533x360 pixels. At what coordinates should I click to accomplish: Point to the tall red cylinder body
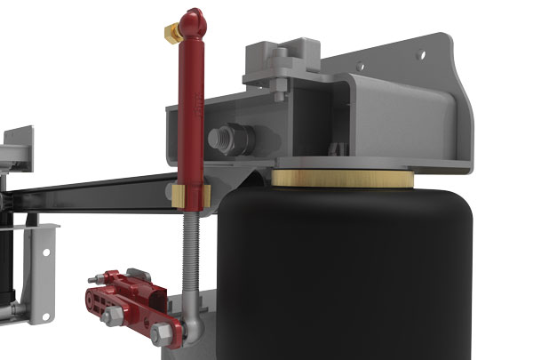click(x=190, y=107)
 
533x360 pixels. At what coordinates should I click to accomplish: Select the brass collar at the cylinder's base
click(x=189, y=194)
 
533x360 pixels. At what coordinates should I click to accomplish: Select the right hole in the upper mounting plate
click(x=421, y=52)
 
